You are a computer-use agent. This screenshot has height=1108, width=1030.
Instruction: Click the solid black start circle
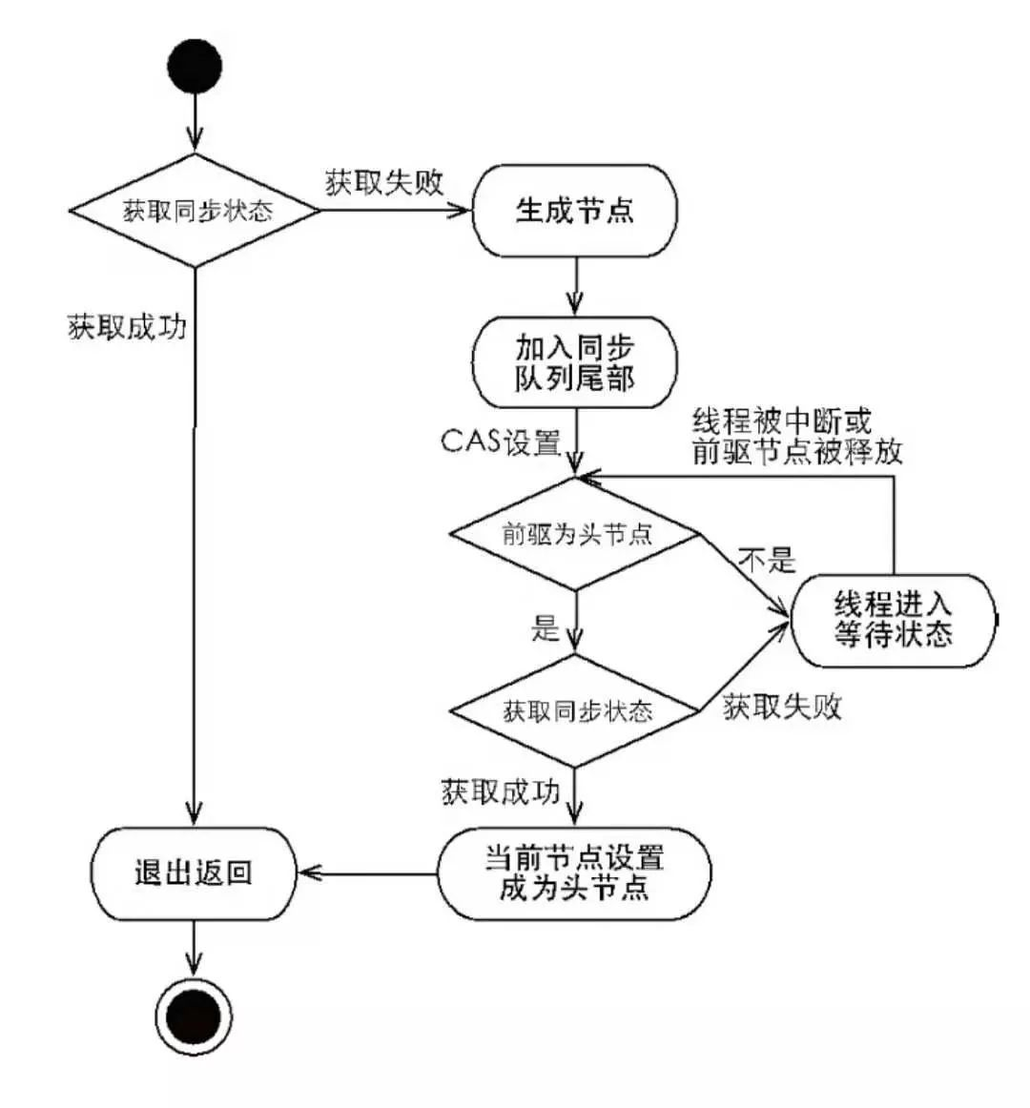(195, 66)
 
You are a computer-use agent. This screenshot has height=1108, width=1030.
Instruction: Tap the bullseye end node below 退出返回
(194, 1016)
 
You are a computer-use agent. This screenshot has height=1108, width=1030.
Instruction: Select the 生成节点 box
(575, 211)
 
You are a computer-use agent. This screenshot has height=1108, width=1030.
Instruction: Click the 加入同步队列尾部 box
(575, 363)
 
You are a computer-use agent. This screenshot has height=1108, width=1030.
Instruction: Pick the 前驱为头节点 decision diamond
(576, 534)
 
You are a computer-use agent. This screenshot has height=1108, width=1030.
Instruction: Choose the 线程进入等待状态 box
(893, 620)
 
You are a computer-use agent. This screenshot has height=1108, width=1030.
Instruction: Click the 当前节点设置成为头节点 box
(574, 872)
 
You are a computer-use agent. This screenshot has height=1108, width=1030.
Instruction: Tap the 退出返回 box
(194, 872)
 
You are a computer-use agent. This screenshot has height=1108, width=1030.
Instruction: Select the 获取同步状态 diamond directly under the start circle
(196, 211)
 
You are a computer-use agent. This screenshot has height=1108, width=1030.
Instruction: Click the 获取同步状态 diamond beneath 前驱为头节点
(576, 710)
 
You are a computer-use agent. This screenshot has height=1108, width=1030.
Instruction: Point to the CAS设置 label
(501, 441)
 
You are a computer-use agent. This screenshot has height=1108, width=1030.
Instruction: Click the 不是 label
(768, 560)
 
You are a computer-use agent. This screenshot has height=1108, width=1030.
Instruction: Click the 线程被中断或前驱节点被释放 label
(796, 436)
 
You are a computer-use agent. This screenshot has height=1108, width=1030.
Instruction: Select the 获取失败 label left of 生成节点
(384, 182)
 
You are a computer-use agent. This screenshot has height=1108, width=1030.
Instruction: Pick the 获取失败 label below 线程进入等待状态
(782, 707)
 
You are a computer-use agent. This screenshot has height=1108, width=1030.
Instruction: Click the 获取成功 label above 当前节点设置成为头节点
(500, 791)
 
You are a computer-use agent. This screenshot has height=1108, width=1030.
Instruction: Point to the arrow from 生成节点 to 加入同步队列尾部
(575, 286)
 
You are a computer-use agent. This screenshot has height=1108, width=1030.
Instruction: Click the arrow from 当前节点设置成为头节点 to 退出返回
(367, 872)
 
